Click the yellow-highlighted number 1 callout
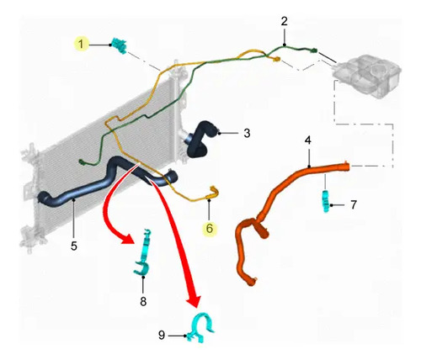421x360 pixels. coord(81,45)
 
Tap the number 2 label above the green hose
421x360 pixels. coord(285,21)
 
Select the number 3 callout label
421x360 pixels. coord(247,133)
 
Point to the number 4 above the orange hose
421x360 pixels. coord(308,140)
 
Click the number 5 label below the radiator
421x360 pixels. coord(74,246)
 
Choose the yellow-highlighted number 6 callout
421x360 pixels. coord(210,229)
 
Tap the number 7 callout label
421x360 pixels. coord(354,205)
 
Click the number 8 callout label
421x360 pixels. coord(143,302)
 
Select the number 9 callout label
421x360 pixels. coord(162,335)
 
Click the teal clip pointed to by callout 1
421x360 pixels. coord(120,45)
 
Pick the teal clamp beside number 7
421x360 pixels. coord(325,201)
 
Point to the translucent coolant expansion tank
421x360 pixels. coord(366,75)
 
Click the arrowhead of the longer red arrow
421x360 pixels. coord(193,301)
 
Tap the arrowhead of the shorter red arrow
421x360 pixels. coord(128,239)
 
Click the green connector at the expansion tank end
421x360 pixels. coord(313,50)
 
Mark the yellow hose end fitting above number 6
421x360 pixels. coord(213,193)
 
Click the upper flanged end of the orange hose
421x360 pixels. coord(346,167)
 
